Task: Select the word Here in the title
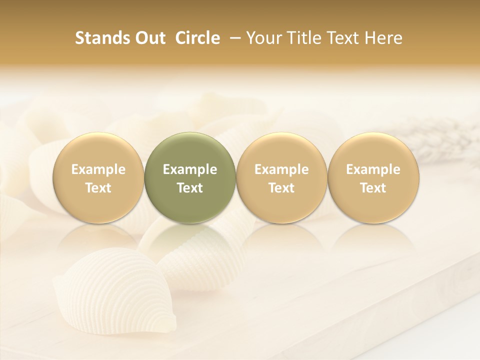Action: point(384,38)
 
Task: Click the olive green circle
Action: point(190,177)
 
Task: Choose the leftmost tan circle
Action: point(98,177)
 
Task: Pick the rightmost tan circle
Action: point(373,177)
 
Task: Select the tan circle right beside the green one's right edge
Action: point(281,177)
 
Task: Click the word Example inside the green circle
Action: point(190,169)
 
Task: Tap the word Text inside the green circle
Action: point(190,188)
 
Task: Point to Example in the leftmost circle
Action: point(98,169)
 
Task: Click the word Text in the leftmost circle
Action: point(98,188)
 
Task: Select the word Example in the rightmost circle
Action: point(373,169)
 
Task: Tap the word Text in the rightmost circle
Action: point(373,188)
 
